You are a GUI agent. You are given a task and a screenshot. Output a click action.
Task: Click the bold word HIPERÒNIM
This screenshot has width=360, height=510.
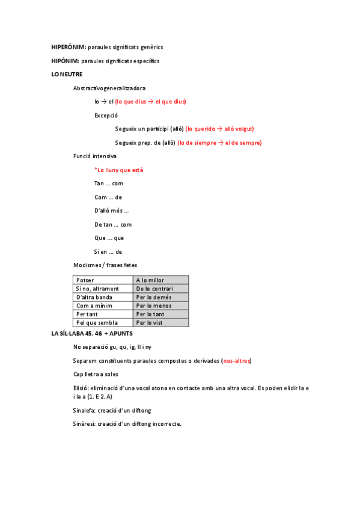[68, 47]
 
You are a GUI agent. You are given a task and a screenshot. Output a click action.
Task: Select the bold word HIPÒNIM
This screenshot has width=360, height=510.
[65, 61]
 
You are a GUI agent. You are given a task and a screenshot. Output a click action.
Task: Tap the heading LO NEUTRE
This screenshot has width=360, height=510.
[67, 75]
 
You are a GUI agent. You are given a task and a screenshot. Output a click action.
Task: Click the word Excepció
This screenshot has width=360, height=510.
[106, 115]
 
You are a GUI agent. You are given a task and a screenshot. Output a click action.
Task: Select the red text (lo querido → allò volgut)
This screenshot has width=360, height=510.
[219, 129]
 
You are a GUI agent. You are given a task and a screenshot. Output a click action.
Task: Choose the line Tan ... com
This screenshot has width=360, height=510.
[109, 183]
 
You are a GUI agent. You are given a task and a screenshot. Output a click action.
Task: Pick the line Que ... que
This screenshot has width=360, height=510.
[109, 238]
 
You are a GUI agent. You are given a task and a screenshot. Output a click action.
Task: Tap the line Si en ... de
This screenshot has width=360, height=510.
[108, 252]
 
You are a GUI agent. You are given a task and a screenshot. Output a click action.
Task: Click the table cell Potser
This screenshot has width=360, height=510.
[85, 280]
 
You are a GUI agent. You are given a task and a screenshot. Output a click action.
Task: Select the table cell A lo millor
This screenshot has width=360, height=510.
[150, 280]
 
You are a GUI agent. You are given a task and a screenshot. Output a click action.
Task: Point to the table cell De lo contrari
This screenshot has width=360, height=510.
[154, 289]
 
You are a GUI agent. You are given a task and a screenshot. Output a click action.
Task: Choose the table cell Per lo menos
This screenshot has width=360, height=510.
[154, 306]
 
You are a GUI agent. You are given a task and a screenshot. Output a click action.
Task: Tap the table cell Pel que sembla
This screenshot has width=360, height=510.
[97, 323]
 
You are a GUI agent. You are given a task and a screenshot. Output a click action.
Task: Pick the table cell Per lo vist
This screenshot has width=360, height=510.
[150, 323]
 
